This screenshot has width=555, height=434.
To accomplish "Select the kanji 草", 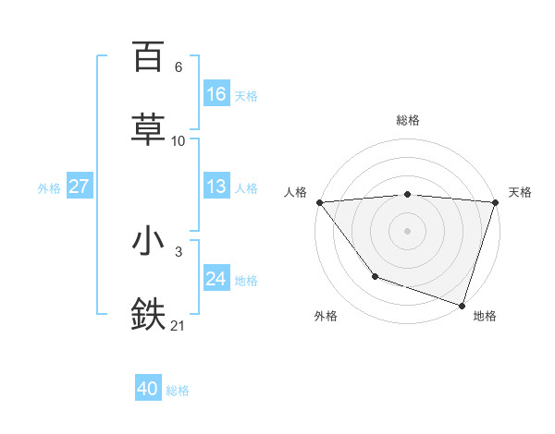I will pos(148,128).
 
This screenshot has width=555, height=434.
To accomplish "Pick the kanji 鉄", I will pos(148,314).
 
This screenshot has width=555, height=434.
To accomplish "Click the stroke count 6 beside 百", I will pos(178,67).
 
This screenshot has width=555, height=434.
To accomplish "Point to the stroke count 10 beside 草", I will pos(179,141).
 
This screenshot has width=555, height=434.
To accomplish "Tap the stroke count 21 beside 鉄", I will pos(179,325).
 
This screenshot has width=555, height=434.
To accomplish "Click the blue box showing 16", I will pos(216,94).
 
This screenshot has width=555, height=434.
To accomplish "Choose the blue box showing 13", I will pos(216,187).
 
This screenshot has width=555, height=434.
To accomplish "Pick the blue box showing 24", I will pos(216,279).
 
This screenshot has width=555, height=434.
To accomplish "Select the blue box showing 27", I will pos(80,187).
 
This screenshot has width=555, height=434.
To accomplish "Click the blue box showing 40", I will pos(148,389).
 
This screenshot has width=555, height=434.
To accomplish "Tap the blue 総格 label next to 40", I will pos(179,391).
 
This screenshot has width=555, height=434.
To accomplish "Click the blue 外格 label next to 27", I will pos(49,188).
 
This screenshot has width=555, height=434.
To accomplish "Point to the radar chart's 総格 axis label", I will pos(408,120).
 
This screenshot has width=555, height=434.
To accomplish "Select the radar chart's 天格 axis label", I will pos(520,192).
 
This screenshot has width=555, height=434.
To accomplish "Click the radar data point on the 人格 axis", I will pos(319,202).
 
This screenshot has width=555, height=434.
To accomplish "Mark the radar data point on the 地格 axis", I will pos(462,305).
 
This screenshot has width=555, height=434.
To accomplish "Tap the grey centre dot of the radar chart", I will pos(407,230).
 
